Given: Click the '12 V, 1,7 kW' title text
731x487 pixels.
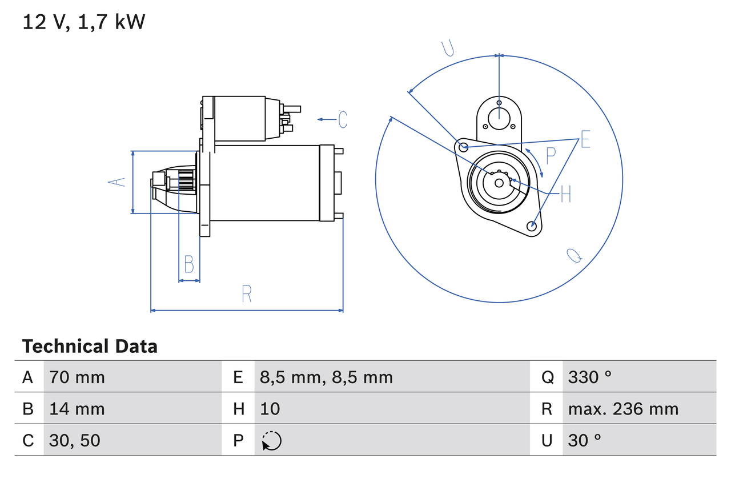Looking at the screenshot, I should [84, 22].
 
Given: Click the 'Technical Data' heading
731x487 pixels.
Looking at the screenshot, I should [90, 347].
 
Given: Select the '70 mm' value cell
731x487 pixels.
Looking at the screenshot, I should [77, 377].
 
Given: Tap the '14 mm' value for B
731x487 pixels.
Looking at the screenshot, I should [77, 409].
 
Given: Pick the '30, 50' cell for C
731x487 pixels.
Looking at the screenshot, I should [75, 440].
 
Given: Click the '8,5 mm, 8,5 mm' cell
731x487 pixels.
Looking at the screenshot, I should [326, 377].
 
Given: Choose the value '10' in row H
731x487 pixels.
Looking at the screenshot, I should [270, 409].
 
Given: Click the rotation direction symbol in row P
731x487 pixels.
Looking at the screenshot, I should [271, 441].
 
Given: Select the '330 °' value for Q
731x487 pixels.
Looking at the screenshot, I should [589, 377].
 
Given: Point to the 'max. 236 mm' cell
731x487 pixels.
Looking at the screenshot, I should [623, 409].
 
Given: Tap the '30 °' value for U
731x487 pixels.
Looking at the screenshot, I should [584, 440].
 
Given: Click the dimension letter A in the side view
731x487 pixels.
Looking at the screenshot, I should [117, 182].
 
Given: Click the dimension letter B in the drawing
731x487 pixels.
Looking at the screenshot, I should [189, 264].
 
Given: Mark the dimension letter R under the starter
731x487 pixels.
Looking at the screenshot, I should [247, 294].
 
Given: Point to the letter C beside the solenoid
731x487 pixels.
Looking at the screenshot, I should [343, 119].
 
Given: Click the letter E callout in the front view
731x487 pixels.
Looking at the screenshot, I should [585, 139].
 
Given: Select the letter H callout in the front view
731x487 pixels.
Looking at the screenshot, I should [565, 194].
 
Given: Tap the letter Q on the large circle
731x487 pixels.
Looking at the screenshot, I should [574, 255].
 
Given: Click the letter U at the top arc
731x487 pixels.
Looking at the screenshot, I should [448, 49].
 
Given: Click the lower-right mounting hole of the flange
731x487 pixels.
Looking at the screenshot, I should [532, 226].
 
